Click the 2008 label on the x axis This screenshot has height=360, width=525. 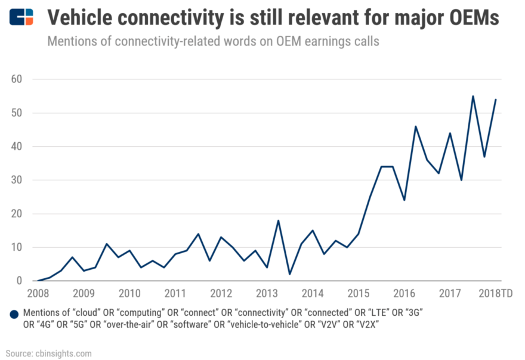tap(38, 293)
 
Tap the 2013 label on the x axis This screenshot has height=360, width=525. tap(267, 293)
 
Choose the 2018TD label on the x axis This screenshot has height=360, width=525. tap(495, 293)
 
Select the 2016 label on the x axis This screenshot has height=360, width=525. tap(404, 293)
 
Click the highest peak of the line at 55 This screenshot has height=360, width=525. tap(473, 96)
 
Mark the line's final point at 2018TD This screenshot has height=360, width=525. tap(496, 100)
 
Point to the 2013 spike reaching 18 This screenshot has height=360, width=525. tap(278, 220)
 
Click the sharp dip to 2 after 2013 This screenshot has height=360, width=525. tap(289, 274)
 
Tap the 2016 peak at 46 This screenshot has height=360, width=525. tap(416, 127)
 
